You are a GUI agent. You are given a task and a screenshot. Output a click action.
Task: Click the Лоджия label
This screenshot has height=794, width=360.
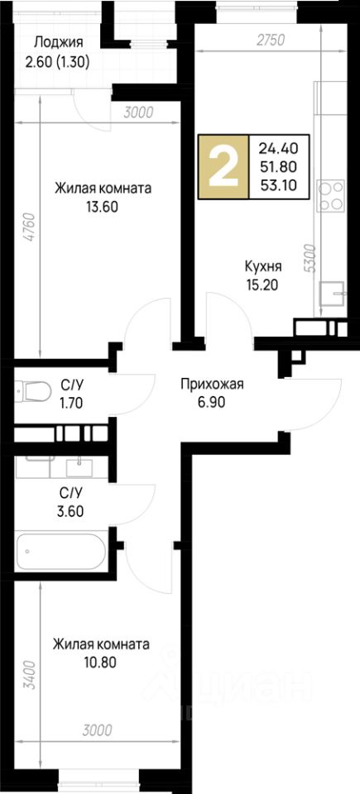tap(58, 42)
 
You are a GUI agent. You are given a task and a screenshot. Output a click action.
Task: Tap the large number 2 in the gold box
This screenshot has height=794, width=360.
tap(223, 167)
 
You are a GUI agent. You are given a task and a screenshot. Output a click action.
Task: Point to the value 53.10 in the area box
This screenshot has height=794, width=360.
tap(278, 184)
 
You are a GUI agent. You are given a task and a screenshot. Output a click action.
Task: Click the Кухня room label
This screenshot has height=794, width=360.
tap(263, 266)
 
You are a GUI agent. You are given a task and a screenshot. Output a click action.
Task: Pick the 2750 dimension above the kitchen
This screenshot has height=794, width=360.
tap(271, 40)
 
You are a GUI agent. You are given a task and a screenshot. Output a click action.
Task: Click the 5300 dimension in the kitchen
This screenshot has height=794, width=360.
tap(310, 259)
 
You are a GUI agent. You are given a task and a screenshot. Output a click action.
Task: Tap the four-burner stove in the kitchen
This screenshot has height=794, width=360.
tap(330, 195)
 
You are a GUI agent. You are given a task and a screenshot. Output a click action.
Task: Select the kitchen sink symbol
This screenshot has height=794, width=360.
tap(332, 292)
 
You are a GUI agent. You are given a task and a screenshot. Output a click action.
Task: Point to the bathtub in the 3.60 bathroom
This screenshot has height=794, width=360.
tap(61, 552)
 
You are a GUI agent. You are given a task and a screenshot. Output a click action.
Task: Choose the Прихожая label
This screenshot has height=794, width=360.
tap(213, 385)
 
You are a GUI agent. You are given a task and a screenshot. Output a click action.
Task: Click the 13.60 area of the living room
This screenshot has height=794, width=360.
tap(103, 207)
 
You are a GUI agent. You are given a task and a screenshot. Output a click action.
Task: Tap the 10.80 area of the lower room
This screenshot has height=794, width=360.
tap(101, 662)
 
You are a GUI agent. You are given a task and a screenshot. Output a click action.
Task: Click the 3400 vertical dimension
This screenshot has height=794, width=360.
tap(31, 675)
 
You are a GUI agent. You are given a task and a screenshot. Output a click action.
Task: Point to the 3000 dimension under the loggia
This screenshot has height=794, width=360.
tap(138, 112)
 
